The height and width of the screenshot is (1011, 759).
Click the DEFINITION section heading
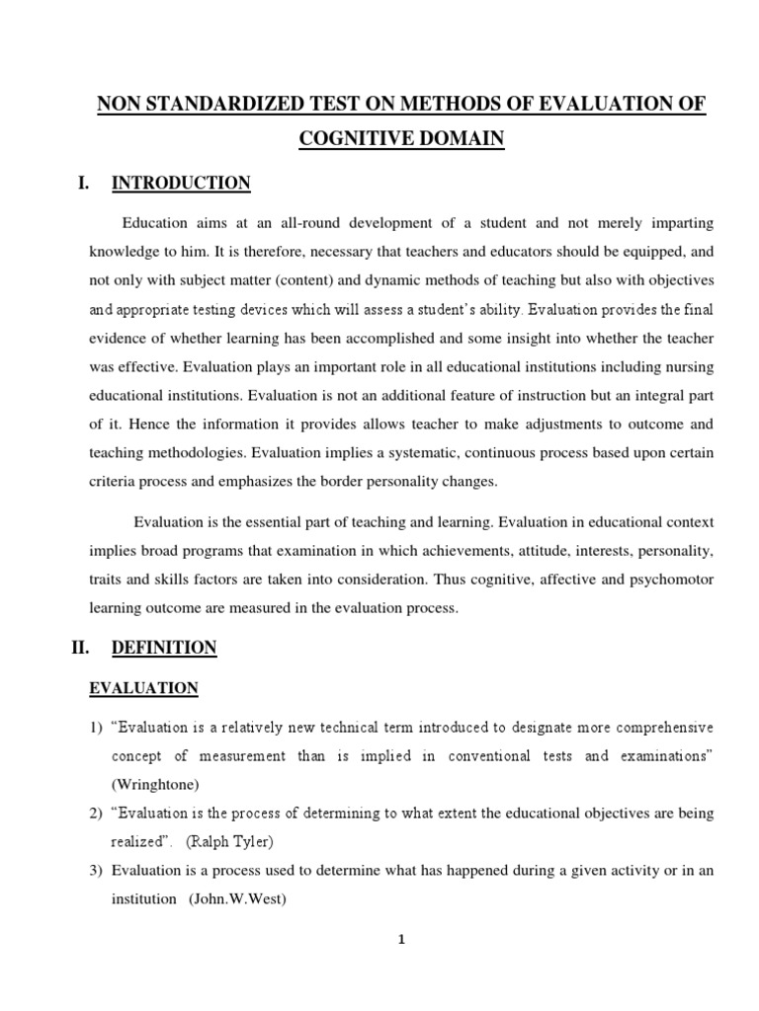click(164, 648)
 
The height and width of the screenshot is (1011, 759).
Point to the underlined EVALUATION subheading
click(144, 688)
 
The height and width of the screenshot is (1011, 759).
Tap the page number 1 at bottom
click(401, 940)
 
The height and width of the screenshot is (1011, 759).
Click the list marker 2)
click(96, 814)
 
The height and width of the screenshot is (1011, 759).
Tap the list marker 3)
click(96, 871)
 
